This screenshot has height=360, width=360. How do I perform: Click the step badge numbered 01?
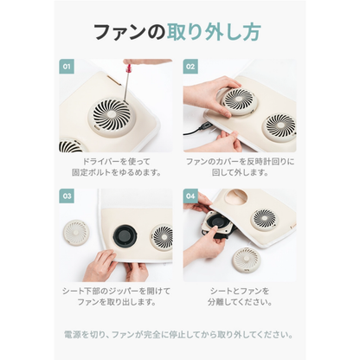(x=66, y=66)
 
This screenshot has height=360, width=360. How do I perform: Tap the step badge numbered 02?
(x=190, y=66)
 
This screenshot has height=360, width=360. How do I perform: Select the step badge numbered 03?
(x=66, y=196)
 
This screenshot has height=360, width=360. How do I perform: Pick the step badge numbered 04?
(x=190, y=196)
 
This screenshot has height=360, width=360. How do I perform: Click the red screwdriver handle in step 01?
(x=132, y=62)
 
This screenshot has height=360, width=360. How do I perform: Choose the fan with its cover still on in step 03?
(x=162, y=235)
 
